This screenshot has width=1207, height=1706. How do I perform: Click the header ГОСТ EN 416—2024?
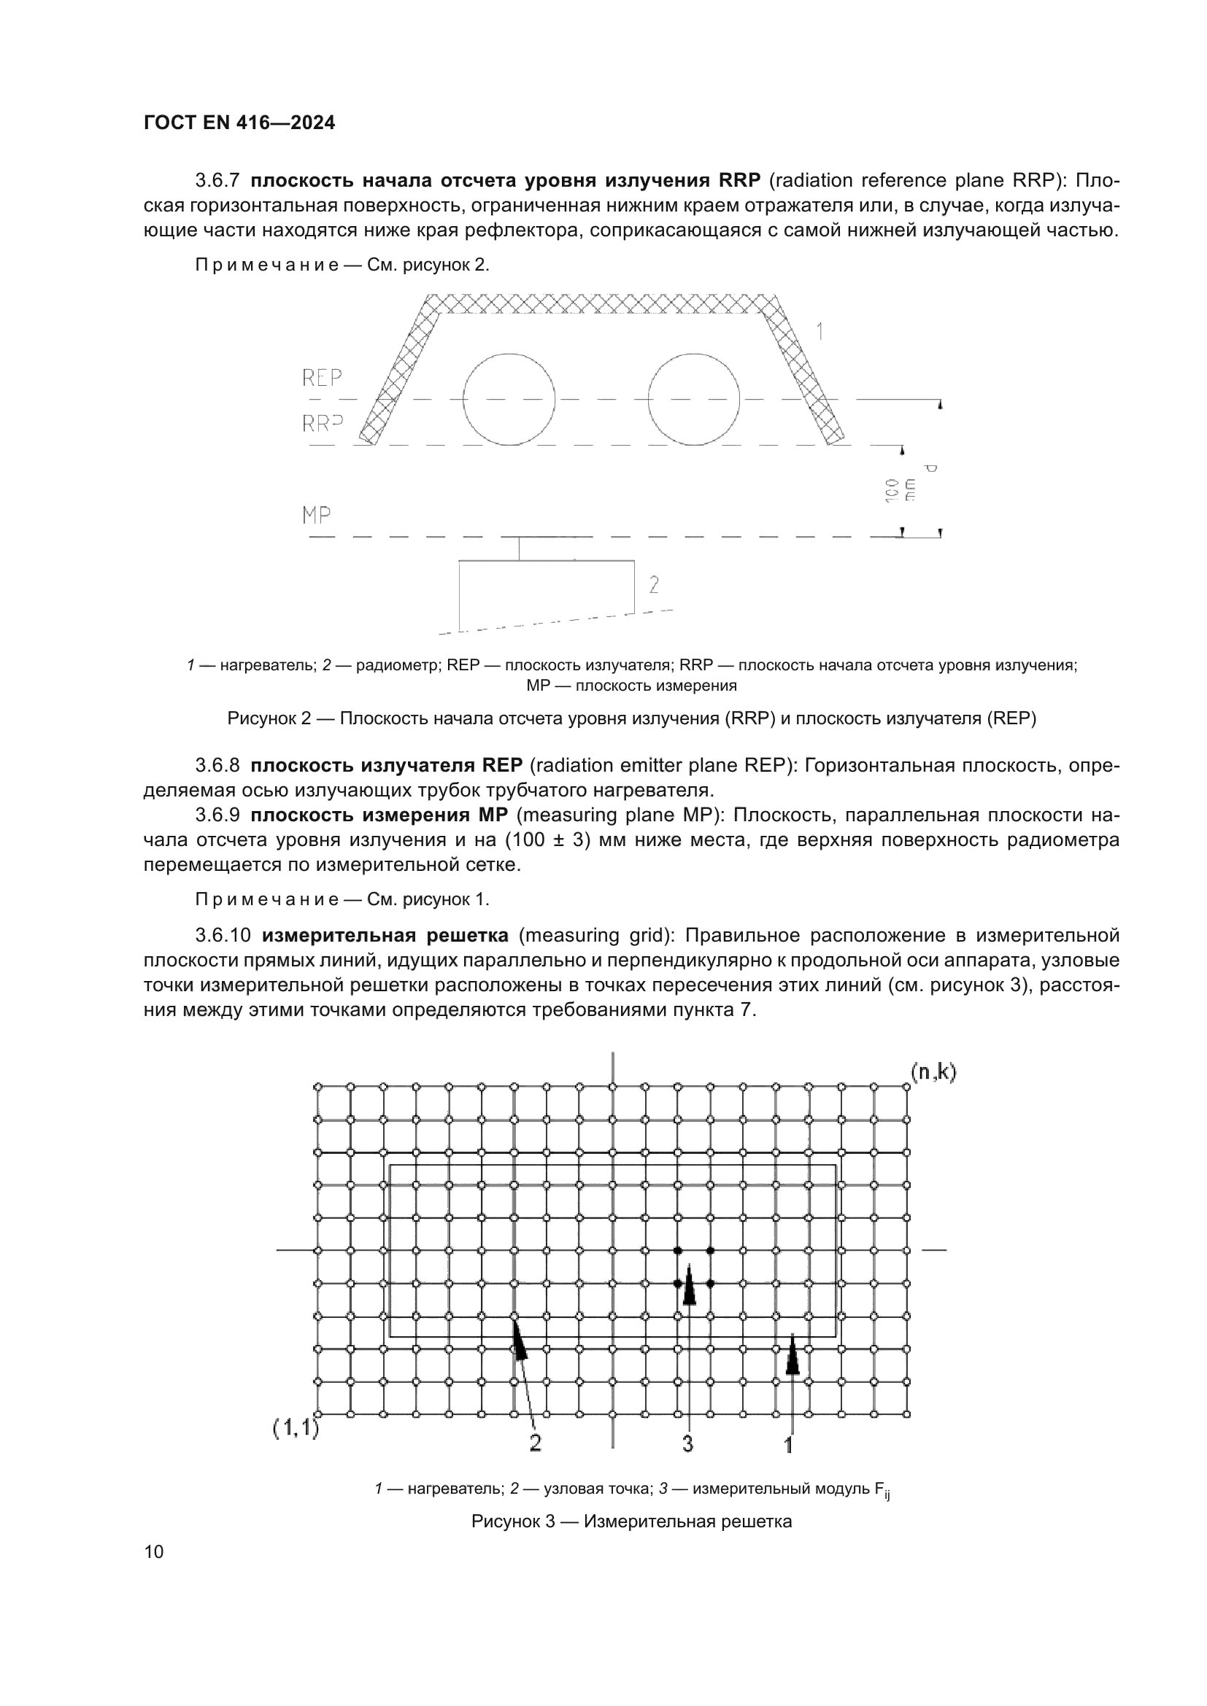point(239,123)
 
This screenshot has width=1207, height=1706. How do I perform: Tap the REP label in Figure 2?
point(322,379)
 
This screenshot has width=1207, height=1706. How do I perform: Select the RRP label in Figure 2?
point(322,424)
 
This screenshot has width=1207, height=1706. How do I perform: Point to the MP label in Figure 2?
point(317,515)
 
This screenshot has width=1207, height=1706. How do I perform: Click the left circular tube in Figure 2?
point(509,399)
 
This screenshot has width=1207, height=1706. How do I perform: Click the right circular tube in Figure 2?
point(693,399)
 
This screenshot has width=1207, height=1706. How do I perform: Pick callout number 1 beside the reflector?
point(820,331)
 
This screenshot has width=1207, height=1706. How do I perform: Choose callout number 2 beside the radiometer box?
point(654,586)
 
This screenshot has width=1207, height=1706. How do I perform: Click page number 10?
point(154,1552)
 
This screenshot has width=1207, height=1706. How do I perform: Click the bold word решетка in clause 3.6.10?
point(461,935)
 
